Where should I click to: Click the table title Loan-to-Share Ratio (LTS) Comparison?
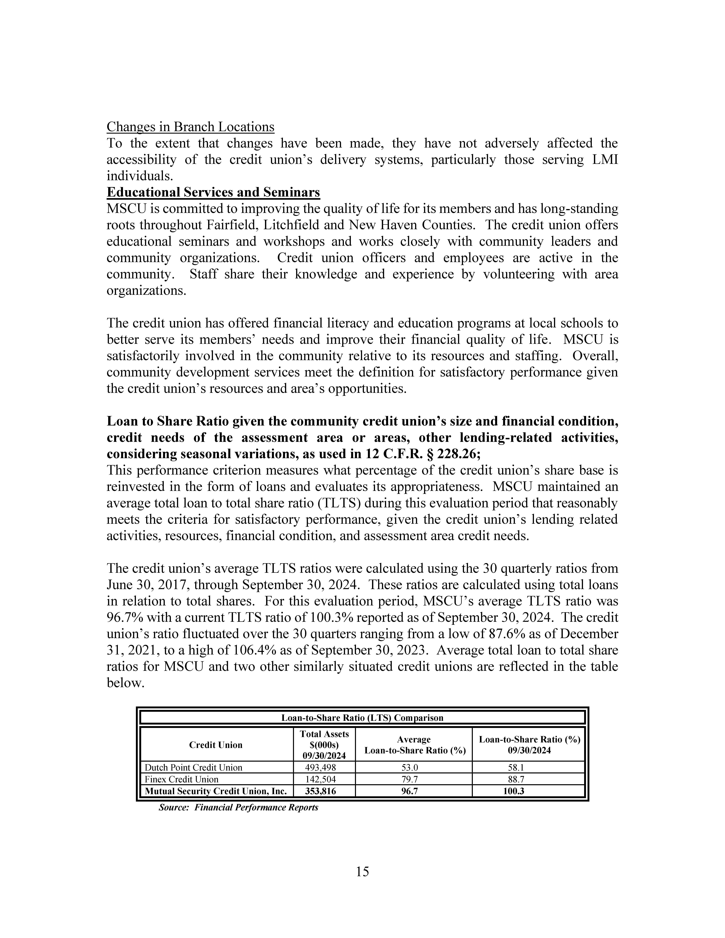coord(362,718)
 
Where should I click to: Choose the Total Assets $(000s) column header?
coord(324,745)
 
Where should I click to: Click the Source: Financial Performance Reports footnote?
coord(238,807)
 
